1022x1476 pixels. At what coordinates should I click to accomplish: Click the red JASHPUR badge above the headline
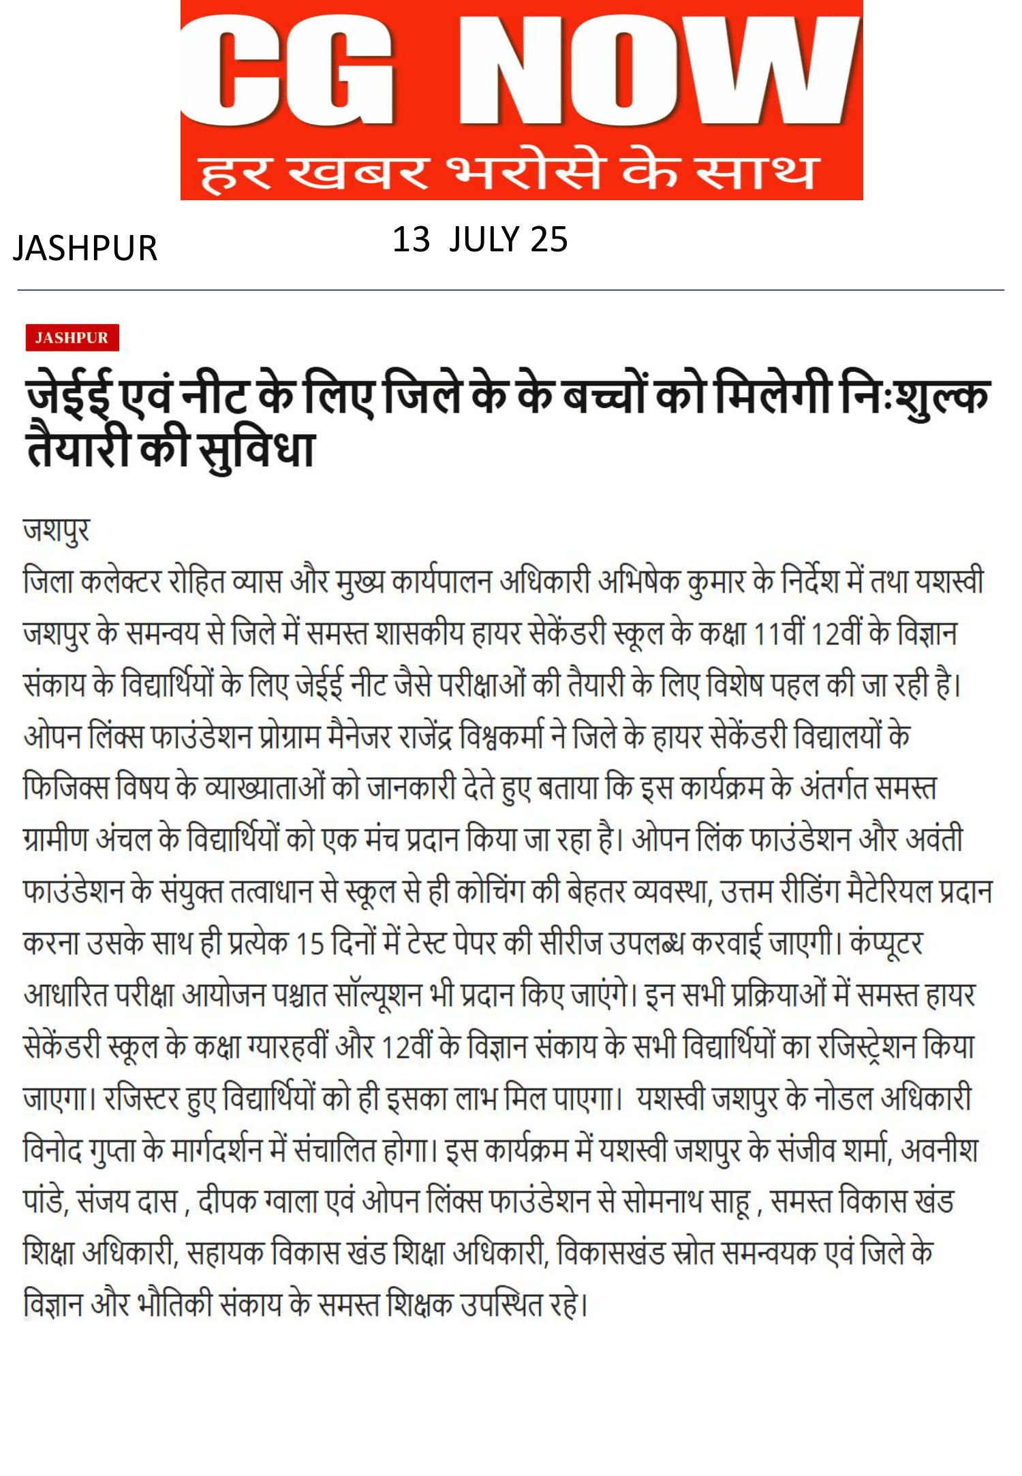click(x=72, y=338)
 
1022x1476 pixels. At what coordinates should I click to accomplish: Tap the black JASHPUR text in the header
click(x=85, y=248)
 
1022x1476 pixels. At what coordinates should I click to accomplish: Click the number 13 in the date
click(x=411, y=240)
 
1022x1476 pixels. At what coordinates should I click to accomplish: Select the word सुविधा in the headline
click(x=256, y=450)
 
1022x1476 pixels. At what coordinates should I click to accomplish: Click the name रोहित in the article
click(x=197, y=582)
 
